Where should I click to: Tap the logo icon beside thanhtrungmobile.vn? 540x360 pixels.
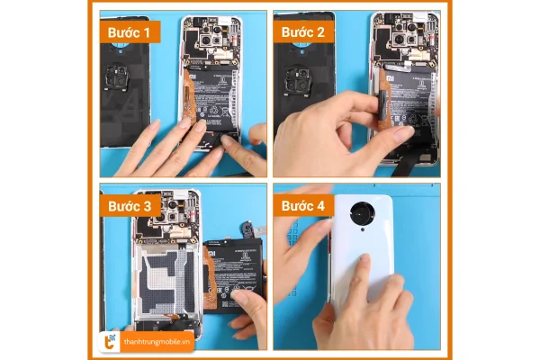pos(109,339)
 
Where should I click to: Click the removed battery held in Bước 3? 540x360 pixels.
pos(236,274)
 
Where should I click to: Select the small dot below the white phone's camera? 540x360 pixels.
pos(364,231)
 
